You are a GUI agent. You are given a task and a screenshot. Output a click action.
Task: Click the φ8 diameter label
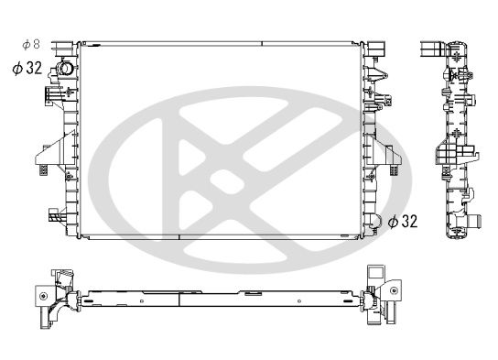click(x=30, y=44)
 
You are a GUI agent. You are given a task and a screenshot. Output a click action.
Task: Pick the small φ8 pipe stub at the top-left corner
click(x=60, y=45)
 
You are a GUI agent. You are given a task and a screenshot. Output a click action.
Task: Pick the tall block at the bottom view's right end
click(x=374, y=278)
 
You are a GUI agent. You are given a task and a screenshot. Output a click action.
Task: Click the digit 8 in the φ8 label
click(x=38, y=44)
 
